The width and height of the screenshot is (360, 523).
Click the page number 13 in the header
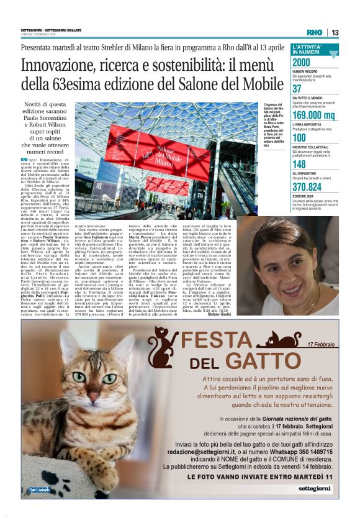335,32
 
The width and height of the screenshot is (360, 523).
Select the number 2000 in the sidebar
302,62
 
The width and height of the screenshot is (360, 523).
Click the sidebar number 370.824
307,186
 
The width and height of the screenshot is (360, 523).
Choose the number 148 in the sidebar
299,164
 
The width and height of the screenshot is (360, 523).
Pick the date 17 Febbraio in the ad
320,344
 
